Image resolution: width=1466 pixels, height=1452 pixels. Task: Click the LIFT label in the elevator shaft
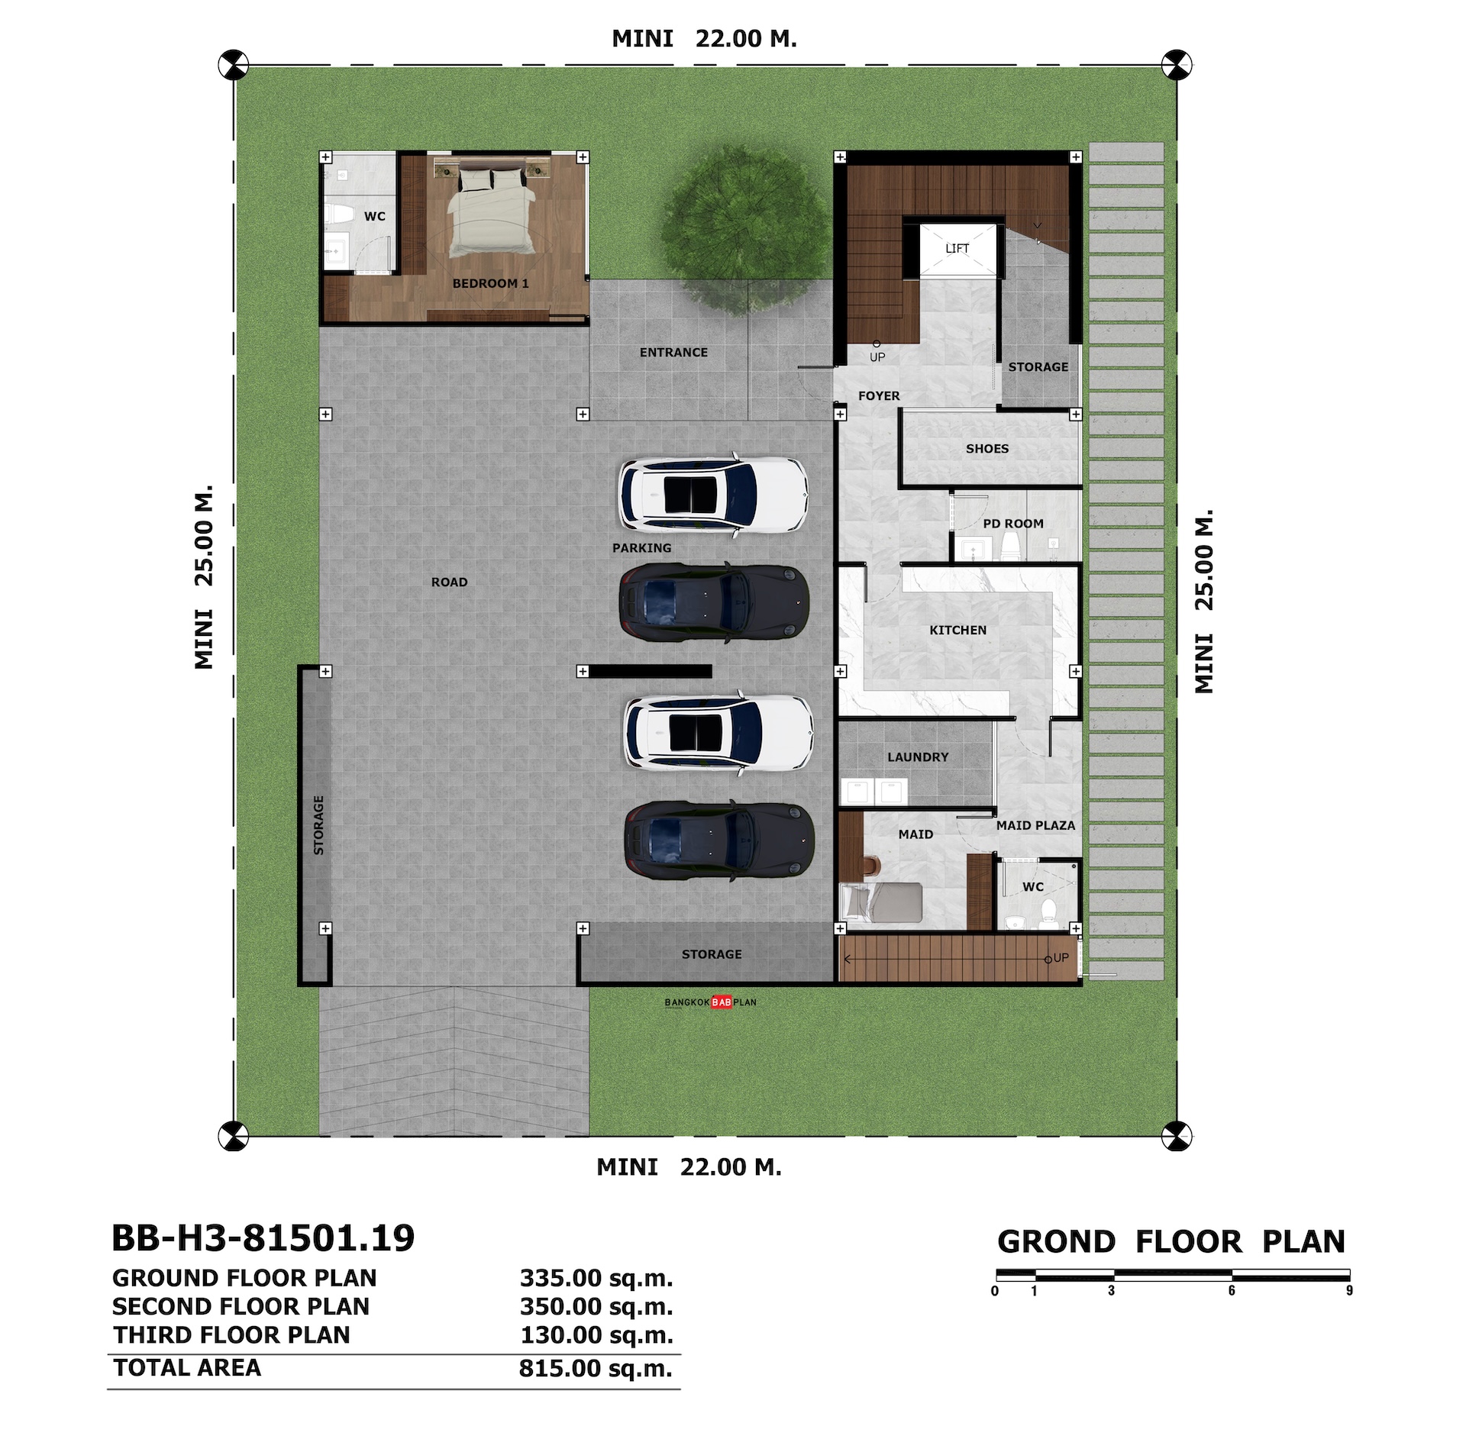point(957,248)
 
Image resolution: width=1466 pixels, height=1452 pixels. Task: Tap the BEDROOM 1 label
point(490,283)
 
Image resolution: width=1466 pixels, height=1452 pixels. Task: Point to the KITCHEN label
point(957,630)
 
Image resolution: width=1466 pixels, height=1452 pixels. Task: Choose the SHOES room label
point(987,449)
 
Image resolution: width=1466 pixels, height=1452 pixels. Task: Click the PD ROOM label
point(1013,524)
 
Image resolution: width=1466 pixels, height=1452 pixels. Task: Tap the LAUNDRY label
point(918,757)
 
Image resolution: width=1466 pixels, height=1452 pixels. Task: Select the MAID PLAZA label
point(1035,825)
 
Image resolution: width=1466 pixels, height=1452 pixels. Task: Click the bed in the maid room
point(881,902)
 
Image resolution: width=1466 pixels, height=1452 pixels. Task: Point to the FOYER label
point(879,395)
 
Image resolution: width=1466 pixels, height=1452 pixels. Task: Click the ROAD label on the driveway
point(449,582)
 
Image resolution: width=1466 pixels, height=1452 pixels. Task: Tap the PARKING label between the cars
point(642,548)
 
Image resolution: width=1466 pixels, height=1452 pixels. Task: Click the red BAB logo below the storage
point(722,1002)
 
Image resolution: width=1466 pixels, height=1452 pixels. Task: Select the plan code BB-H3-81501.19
point(263,1237)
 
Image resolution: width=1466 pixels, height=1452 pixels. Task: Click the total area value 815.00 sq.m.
point(596,1368)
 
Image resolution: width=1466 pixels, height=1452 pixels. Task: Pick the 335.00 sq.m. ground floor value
point(596,1277)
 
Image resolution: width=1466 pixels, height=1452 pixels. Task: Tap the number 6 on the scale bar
point(1232,1290)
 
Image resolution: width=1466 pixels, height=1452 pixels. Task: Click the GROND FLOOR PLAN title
point(1171,1242)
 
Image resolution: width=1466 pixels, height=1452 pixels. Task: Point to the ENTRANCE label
point(673,352)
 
